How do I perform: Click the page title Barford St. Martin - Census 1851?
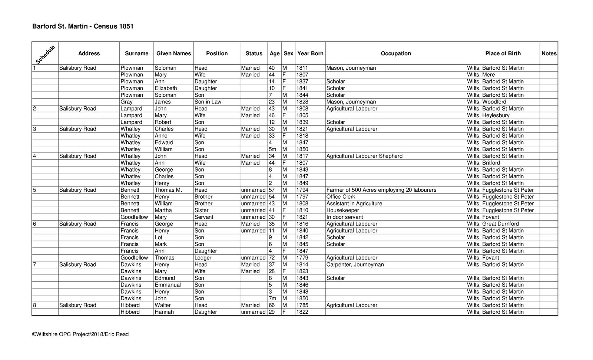coord(83,26)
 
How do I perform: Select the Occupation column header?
coord(395,53)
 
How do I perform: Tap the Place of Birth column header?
coord(503,53)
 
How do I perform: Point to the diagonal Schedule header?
coord(45,54)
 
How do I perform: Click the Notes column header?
coord(549,53)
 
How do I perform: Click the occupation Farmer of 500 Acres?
coord(381,190)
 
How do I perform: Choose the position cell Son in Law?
coord(208,102)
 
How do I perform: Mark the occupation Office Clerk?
coord(341,197)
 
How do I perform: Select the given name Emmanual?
coord(168,285)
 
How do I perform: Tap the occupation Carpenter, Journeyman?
coord(355,265)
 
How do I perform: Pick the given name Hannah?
coord(164,312)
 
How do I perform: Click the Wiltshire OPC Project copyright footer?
coord(80,334)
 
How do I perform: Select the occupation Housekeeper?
coord(342,210)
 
